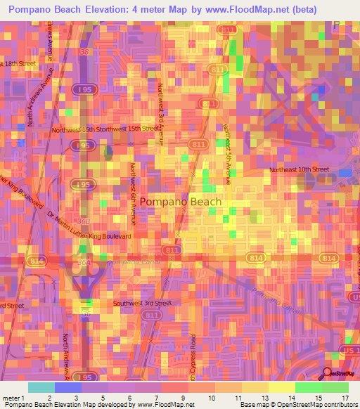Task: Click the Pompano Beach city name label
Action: pyautogui.click(x=180, y=202)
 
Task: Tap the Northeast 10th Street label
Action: pyautogui.click(x=300, y=170)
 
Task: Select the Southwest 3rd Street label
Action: pyautogui.click(x=142, y=303)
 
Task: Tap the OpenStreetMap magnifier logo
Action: pyautogui.click(x=328, y=373)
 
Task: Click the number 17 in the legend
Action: pyautogui.click(x=345, y=397)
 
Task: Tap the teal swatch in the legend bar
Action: pyautogui.click(x=41, y=387)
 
